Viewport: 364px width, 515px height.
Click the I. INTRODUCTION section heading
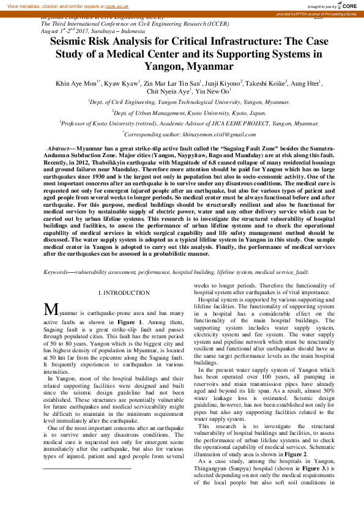point(124,294)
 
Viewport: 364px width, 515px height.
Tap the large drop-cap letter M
point(51,310)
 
